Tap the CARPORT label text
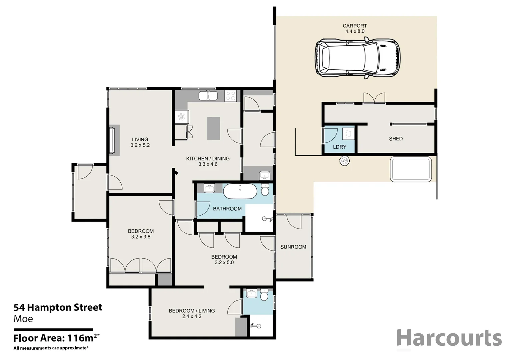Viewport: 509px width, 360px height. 355,26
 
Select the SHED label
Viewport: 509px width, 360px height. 396,139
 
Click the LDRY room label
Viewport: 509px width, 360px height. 339,147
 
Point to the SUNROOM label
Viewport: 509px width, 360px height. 293,247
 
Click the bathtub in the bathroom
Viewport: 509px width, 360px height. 240,191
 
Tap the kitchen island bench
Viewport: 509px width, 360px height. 213,128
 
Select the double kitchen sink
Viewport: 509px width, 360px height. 208,96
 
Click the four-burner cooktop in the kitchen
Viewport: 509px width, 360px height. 231,96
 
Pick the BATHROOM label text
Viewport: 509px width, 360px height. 227,209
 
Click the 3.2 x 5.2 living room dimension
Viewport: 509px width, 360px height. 140,145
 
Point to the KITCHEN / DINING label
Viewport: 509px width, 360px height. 208,159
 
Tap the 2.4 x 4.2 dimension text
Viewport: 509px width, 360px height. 192,316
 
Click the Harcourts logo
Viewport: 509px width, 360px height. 449,338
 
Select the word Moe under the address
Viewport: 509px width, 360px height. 23,319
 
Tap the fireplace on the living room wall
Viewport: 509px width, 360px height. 114,140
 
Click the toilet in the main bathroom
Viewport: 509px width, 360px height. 265,190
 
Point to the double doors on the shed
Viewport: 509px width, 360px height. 374,98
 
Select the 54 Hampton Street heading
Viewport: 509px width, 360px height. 58,307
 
